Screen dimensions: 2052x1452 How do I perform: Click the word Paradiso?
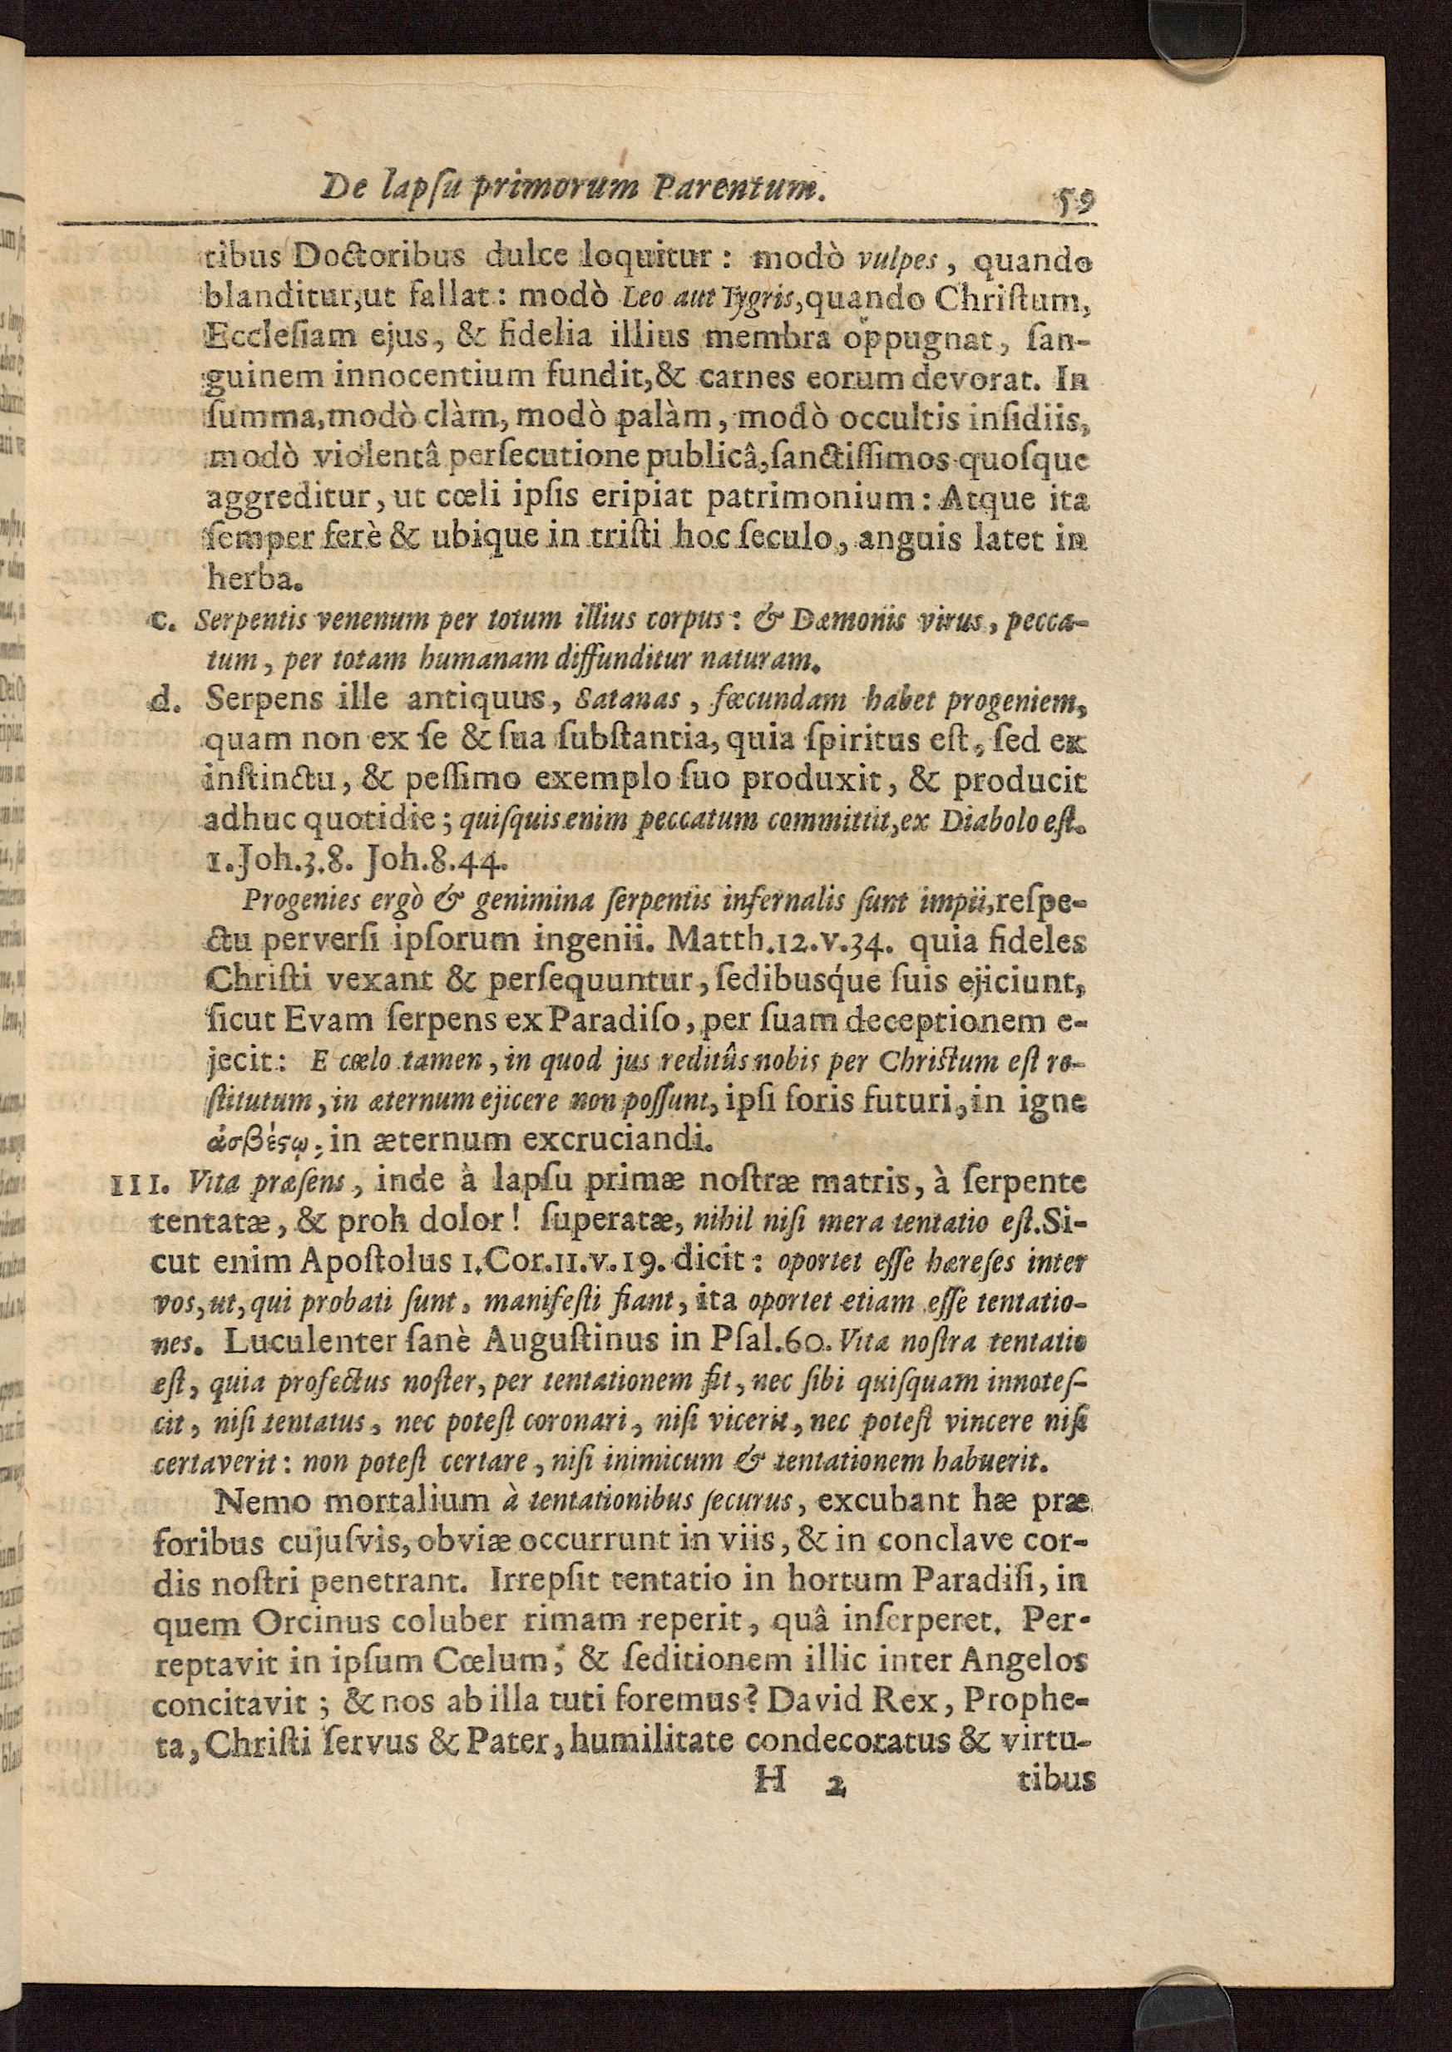(x=627, y=1021)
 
